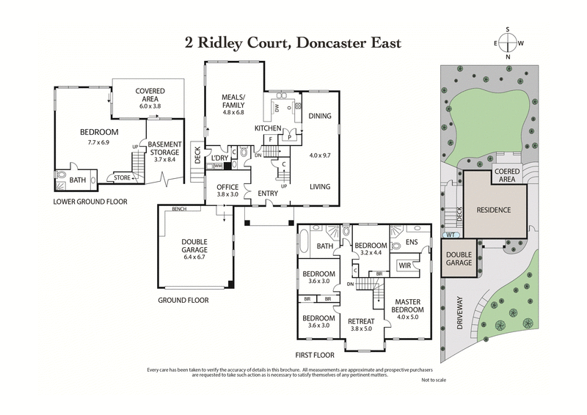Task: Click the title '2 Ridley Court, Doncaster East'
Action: (x=293, y=43)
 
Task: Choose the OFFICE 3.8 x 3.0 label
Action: (x=227, y=191)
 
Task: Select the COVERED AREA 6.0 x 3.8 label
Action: (x=150, y=98)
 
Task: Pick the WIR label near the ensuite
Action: (x=404, y=265)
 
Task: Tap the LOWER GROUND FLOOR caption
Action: (x=90, y=200)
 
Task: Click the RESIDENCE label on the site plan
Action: (x=494, y=210)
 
